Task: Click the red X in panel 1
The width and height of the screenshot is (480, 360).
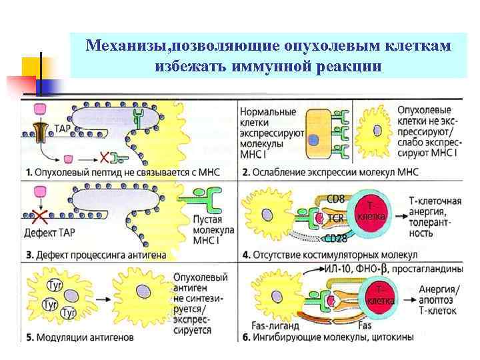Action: (104, 158)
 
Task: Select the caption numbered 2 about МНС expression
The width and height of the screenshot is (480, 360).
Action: (329, 172)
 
